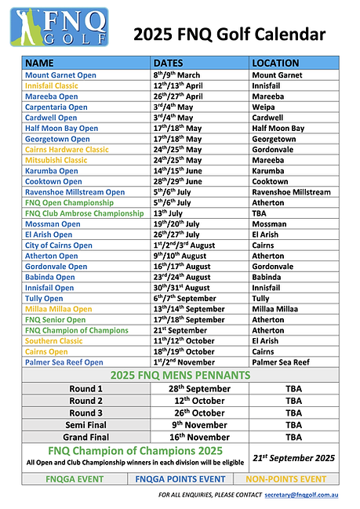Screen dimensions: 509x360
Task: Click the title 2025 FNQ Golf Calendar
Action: pyautogui.click(x=229, y=33)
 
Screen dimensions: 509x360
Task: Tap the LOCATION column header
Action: pyautogui.click(x=275, y=63)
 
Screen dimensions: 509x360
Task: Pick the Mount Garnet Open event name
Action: pyautogui.click(x=60, y=75)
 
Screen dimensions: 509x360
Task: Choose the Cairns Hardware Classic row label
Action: pyautogui.click(x=67, y=149)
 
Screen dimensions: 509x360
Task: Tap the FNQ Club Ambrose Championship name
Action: pyautogui.click(x=84, y=213)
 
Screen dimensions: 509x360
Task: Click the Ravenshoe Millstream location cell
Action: pyautogui.click(x=291, y=191)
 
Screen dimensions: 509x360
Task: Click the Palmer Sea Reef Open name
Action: pyautogui.click(x=64, y=362)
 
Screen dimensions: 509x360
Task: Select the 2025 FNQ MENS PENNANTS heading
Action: pyautogui.click(x=180, y=375)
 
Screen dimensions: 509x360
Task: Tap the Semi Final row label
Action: pyautogui.click(x=85, y=424)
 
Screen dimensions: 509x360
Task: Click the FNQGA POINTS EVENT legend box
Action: pyautogui.click(x=180, y=478)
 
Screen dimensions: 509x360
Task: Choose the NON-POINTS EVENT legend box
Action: pyautogui.click(x=286, y=478)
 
